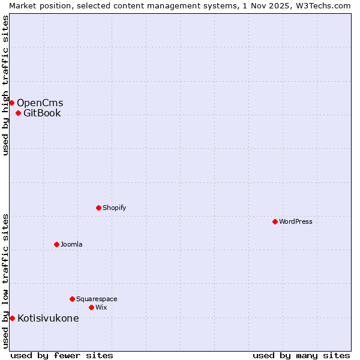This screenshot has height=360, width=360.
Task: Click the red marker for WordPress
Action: (x=275, y=221)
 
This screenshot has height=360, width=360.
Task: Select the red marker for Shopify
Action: (x=98, y=208)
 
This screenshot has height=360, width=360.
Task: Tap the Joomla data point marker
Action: (x=56, y=244)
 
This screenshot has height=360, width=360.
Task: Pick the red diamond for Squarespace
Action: (x=72, y=299)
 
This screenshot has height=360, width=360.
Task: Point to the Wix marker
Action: (x=91, y=307)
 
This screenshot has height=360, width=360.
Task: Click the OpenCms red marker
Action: (x=11, y=103)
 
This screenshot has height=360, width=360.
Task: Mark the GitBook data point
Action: (x=18, y=113)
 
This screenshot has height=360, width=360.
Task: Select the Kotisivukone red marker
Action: (x=12, y=318)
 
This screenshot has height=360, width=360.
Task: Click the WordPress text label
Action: (x=296, y=221)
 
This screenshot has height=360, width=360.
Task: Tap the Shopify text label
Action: (x=114, y=208)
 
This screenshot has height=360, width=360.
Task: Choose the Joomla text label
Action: (x=71, y=244)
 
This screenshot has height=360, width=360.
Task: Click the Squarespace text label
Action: (x=97, y=299)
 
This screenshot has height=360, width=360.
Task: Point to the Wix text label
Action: (x=101, y=307)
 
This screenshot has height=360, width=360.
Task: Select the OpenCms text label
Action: (x=40, y=103)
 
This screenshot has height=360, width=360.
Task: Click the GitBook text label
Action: (x=42, y=113)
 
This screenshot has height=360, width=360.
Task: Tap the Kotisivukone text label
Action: (x=48, y=318)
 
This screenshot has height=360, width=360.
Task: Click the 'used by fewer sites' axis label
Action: (x=62, y=355)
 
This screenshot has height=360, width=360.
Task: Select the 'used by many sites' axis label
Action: (x=301, y=355)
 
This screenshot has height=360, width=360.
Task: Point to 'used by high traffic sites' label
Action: (x=5, y=85)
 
